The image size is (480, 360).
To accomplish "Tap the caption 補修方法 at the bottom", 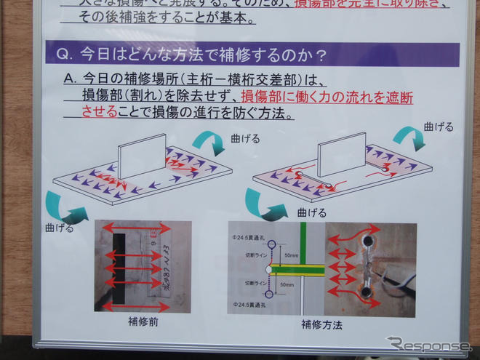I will (321, 324).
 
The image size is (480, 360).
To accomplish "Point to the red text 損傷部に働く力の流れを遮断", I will (327, 97).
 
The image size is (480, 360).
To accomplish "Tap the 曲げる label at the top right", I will (439, 126).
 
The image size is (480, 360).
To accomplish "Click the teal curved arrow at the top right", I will (408, 136).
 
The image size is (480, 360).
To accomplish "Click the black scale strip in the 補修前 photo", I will (116, 265).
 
